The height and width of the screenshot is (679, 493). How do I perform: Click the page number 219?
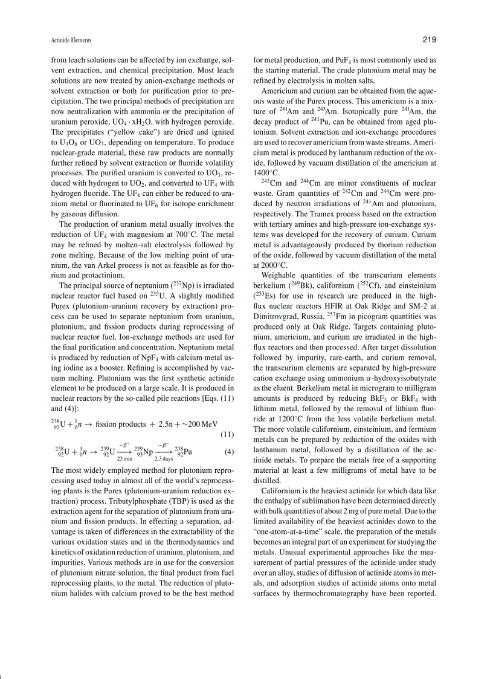pos(429,40)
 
